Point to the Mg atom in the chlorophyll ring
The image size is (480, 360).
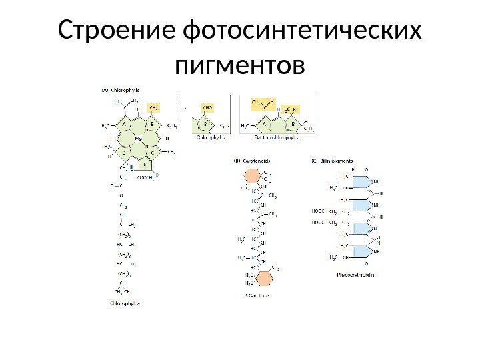(139, 138)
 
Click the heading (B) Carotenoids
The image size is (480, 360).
(251, 160)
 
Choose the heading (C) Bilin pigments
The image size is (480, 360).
(333, 160)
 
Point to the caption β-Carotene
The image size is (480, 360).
(255, 295)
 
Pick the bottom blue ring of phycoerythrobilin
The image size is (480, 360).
(357, 252)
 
